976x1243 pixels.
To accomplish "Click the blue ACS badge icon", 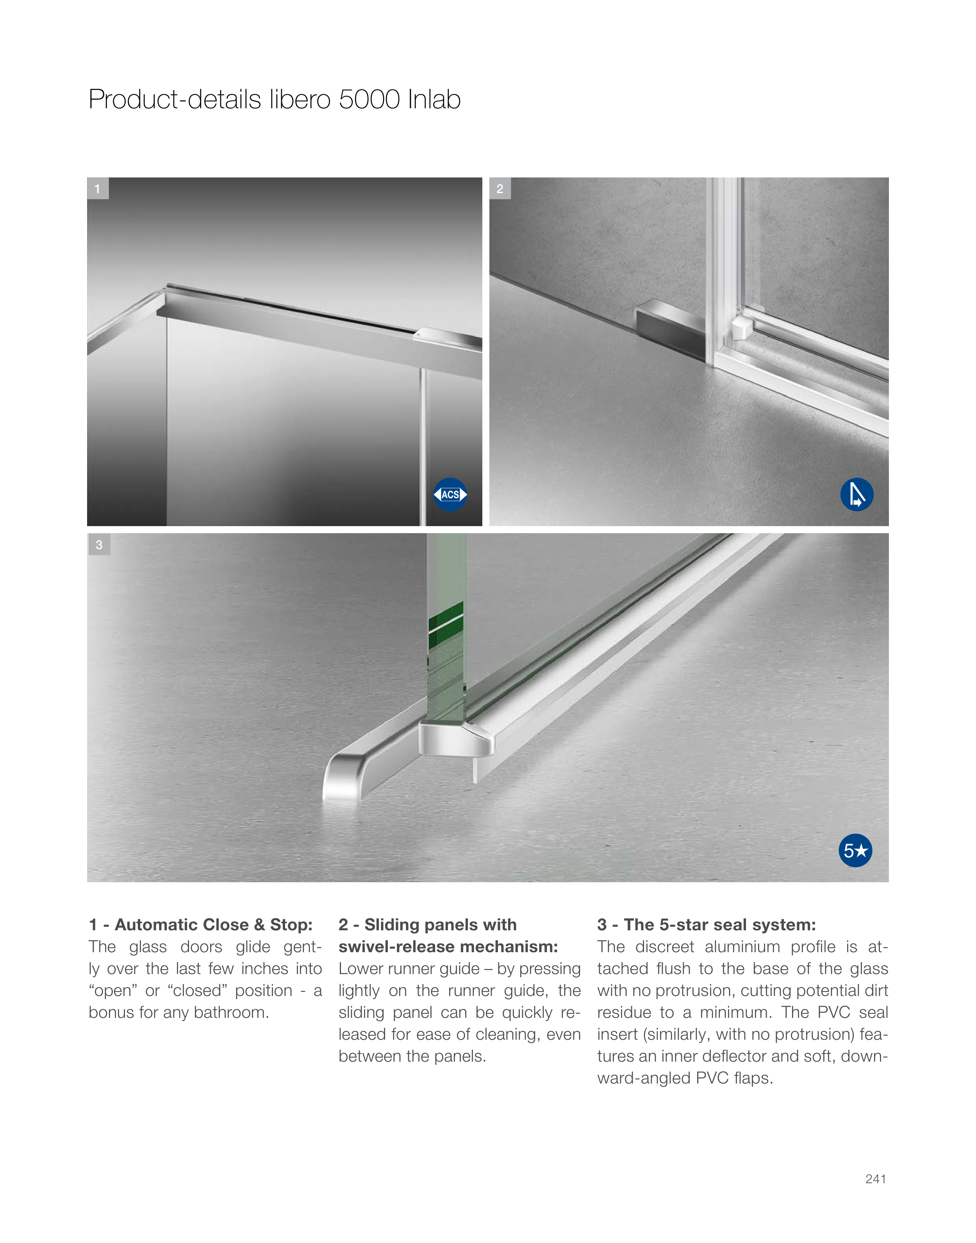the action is click(450, 494).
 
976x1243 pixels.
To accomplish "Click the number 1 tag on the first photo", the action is click(98, 189).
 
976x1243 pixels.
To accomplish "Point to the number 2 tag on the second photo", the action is click(500, 189).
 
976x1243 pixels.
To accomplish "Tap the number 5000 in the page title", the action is click(369, 100).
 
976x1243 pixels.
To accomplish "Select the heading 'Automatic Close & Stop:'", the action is click(214, 924).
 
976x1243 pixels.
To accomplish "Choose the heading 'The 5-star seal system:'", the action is click(720, 924).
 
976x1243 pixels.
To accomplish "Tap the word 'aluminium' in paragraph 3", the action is click(742, 946).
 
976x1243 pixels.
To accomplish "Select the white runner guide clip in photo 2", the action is click(742, 328).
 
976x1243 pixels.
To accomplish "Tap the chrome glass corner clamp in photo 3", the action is click(456, 739).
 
